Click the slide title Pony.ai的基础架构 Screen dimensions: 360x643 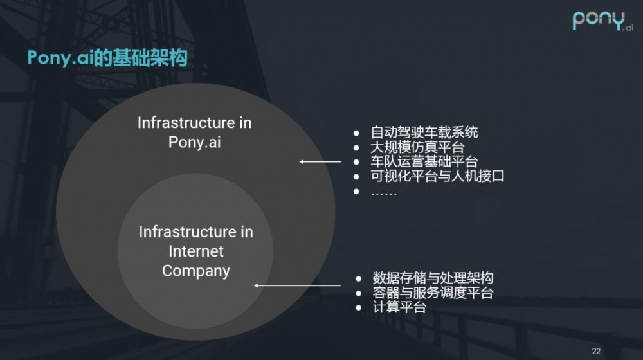(x=107, y=58)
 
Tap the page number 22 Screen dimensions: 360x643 (x=595, y=350)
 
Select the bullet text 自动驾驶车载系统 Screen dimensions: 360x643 (x=424, y=133)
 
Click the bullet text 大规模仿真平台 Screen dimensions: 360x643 (x=417, y=147)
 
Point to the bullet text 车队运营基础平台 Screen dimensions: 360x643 (x=424, y=162)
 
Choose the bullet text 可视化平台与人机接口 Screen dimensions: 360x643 (x=438, y=176)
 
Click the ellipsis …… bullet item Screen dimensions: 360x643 (x=384, y=192)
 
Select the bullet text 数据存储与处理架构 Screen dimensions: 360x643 (x=433, y=278)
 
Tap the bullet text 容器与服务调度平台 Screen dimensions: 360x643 (x=433, y=293)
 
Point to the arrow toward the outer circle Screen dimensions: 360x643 (x=320, y=162)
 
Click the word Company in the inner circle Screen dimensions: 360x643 (x=196, y=271)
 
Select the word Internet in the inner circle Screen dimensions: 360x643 (x=196, y=251)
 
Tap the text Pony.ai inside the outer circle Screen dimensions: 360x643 (x=194, y=142)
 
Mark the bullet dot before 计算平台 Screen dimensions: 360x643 (x=359, y=308)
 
